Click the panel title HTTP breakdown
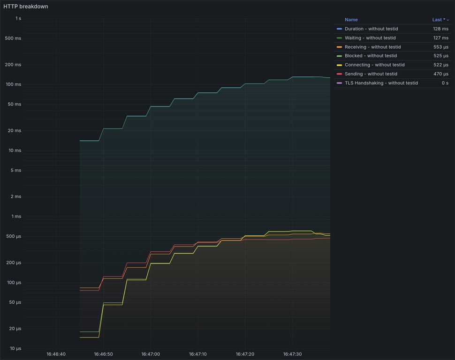pos(26,7)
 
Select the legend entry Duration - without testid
pos(371,29)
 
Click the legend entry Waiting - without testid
pos(370,38)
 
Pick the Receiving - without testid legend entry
pos(372,47)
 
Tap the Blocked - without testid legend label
pos(371,56)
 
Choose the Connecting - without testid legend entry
pos(374,65)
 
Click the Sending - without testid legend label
pos(371,74)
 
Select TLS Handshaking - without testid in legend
pos(381,83)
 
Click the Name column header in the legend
pos(351,20)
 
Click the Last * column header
pos(440,20)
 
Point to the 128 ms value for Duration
pos(440,29)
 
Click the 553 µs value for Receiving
pos(440,47)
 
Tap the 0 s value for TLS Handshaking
pos(445,83)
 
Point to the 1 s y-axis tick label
pos(18,18)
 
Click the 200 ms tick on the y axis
pos(13,65)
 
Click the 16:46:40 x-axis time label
pos(56,354)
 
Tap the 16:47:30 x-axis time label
pos(292,354)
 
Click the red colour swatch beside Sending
pos(339,74)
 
